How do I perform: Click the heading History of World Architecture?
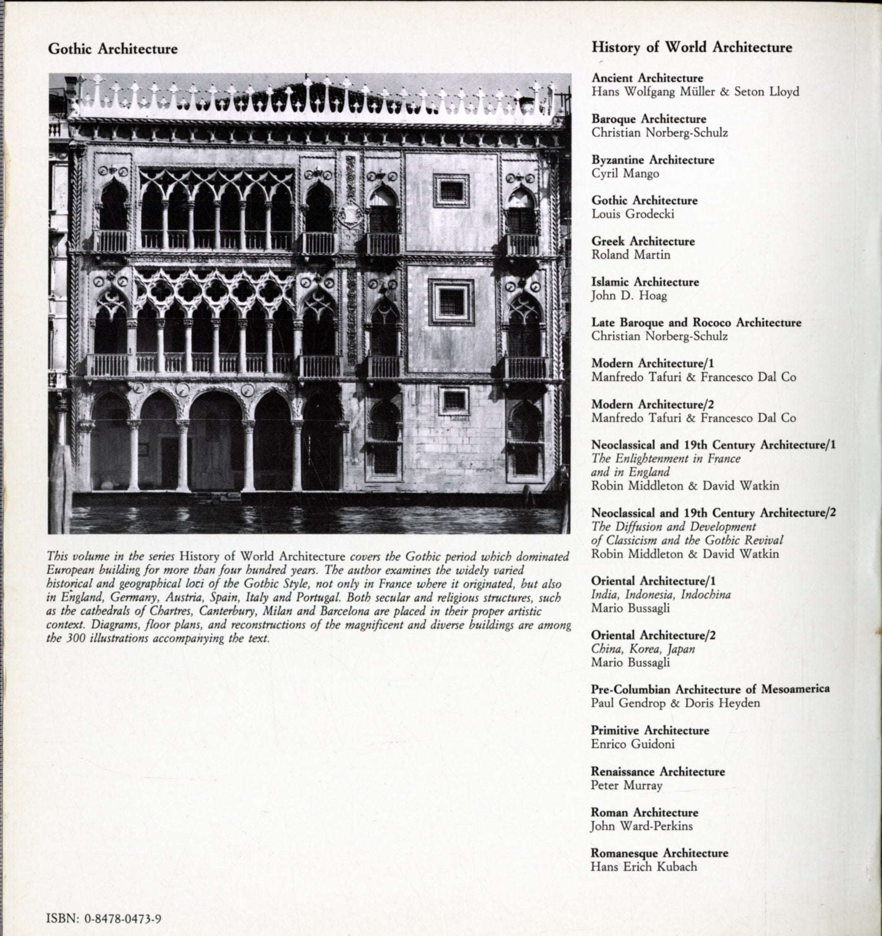tap(691, 47)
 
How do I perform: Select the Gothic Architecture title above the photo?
tap(113, 49)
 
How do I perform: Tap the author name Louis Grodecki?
tap(633, 214)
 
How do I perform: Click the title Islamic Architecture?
tap(645, 282)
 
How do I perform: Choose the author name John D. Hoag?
tap(629, 295)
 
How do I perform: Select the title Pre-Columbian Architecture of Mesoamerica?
tap(710, 689)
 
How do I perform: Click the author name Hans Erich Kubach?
tap(643, 867)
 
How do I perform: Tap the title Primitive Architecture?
tap(650, 730)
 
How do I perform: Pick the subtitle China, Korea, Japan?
tap(642, 649)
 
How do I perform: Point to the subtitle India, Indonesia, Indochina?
tap(661, 595)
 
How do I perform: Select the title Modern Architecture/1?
tap(652, 364)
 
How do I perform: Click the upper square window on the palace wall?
tap(451, 191)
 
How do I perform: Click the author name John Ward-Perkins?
tap(641, 826)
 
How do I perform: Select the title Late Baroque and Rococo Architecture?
tap(696, 323)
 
